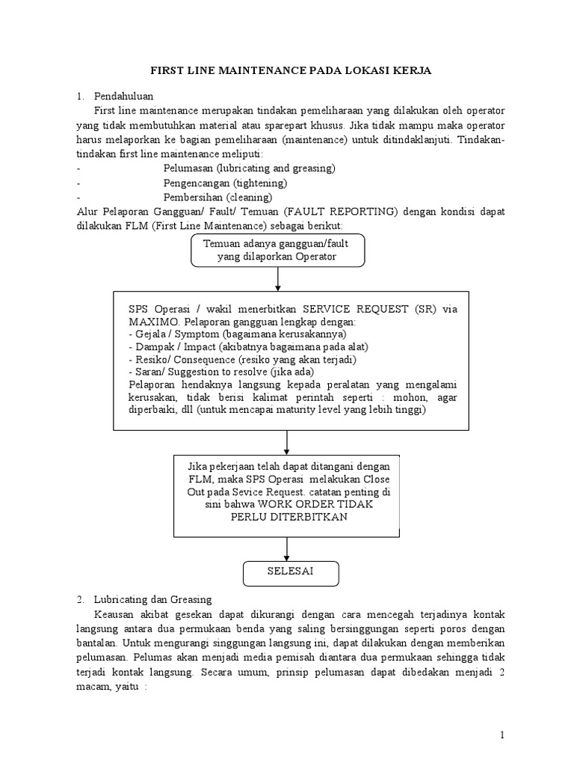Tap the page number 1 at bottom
(504, 735)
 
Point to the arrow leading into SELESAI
(287, 548)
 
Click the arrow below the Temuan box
(278, 279)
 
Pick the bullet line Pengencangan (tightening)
(226, 183)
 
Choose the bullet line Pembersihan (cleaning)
(217, 197)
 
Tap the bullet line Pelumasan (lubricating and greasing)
(249, 168)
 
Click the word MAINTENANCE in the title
(262, 70)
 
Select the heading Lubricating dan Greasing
(153, 599)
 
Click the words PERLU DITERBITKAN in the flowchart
(288, 517)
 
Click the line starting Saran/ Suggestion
(221, 372)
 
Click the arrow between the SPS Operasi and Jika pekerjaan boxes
(287, 442)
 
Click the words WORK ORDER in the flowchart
(304, 505)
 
